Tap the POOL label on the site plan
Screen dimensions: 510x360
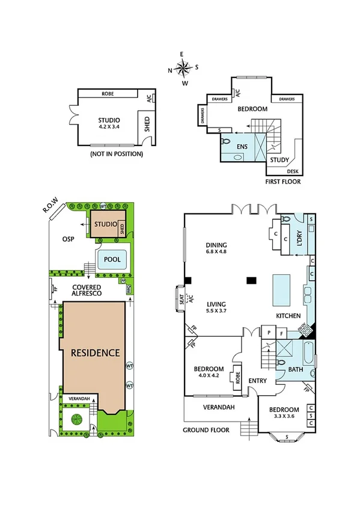(x=112, y=259)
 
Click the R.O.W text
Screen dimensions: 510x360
(x=49, y=207)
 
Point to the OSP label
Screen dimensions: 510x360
(x=68, y=239)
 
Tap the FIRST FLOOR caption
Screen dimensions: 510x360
(x=283, y=181)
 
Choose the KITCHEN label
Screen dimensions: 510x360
(x=288, y=316)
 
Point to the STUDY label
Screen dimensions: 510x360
(x=279, y=160)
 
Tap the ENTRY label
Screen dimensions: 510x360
(x=257, y=380)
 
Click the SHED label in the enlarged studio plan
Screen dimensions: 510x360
(x=147, y=126)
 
